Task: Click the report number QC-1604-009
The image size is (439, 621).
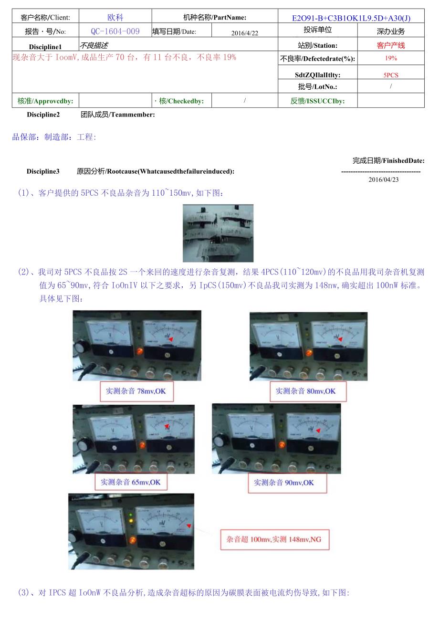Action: tap(115, 32)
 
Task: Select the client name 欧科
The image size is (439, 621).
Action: tap(115, 18)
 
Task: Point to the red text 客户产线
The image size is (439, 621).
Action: tap(390, 45)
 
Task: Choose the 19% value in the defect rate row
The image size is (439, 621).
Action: tap(390, 59)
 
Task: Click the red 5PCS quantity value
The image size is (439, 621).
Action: tap(390, 75)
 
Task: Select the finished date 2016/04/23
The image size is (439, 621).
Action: tap(383, 179)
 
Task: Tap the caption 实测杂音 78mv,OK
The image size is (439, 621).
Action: tap(136, 391)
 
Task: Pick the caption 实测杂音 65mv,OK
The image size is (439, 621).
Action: tap(130, 482)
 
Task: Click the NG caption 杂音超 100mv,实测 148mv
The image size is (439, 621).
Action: tap(274, 539)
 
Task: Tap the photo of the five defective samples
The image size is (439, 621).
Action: tap(218, 233)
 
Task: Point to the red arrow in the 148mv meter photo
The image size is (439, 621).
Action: tap(189, 526)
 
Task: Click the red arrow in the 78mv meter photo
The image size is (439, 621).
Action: tap(171, 338)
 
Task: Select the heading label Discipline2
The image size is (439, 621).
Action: tap(43, 115)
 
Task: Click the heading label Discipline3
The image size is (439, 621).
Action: tap(43, 171)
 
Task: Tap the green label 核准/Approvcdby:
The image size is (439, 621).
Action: tap(45, 101)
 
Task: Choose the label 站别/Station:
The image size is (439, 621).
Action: tap(317, 46)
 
